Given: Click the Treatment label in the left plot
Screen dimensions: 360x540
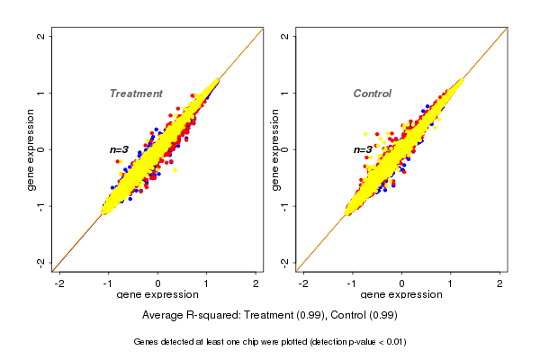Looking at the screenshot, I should (x=136, y=94).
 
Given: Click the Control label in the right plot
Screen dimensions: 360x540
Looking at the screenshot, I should (x=372, y=94).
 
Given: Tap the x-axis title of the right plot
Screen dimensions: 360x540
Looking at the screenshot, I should (x=400, y=294).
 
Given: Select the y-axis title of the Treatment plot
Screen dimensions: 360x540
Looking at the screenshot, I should (x=32, y=149).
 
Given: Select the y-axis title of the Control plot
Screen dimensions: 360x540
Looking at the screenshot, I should (x=275, y=149).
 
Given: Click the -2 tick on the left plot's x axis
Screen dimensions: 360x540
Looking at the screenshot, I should (x=59, y=283).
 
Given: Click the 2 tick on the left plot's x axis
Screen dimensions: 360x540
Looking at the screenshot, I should (x=256, y=283).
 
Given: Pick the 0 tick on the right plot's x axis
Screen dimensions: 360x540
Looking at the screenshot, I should (x=401, y=283).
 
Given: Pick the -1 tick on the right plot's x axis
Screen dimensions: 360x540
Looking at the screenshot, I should (x=352, y=283).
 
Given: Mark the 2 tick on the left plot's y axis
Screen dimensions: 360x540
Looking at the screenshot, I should (x=41, y=36).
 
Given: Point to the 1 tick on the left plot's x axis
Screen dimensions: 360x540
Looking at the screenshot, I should (x=207, y=283).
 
